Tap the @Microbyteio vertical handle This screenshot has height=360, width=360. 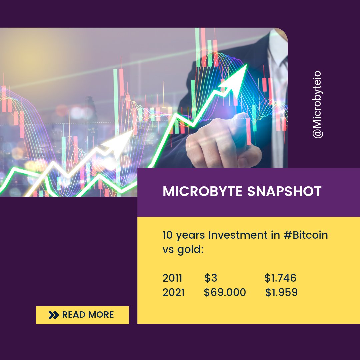click(317, 104)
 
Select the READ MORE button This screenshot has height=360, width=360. click(82, 315)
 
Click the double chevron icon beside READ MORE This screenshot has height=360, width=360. click(53, 315)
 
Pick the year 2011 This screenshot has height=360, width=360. click(172, 278)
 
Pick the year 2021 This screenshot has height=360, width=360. click(173, 292)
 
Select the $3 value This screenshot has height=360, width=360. click(211, 278)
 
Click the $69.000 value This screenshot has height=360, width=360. click(225, 292)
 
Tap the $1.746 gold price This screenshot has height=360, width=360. click(280, 278)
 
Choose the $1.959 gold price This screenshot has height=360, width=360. click(281, 292)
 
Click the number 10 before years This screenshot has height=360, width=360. click(168, 235)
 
